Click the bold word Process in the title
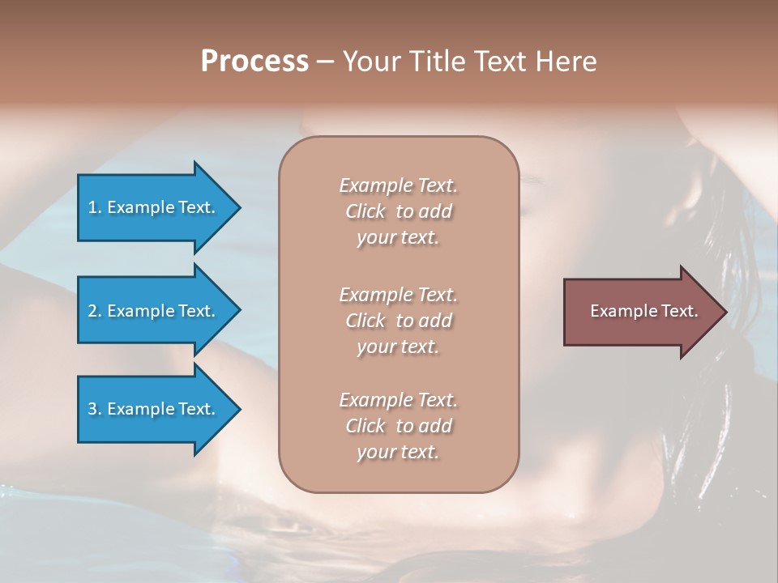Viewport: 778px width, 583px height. point(254,62)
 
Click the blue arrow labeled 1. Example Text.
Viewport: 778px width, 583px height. point(154,207)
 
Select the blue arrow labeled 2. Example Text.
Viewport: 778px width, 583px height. point(154,311)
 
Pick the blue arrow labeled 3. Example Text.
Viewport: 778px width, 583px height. point(154,409)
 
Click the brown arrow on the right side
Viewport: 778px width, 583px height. point(640,311)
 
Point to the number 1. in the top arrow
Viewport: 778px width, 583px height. point(95,207)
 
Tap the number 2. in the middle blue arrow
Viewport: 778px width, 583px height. point(95,311)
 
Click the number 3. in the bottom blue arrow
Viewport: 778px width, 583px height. point(95,409)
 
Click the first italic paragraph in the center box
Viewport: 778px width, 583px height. point(398,211)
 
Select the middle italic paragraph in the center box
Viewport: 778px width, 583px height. point(398,321)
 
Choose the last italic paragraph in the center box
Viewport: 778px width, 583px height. point(398,426)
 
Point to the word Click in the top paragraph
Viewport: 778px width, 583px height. point(365,212)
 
